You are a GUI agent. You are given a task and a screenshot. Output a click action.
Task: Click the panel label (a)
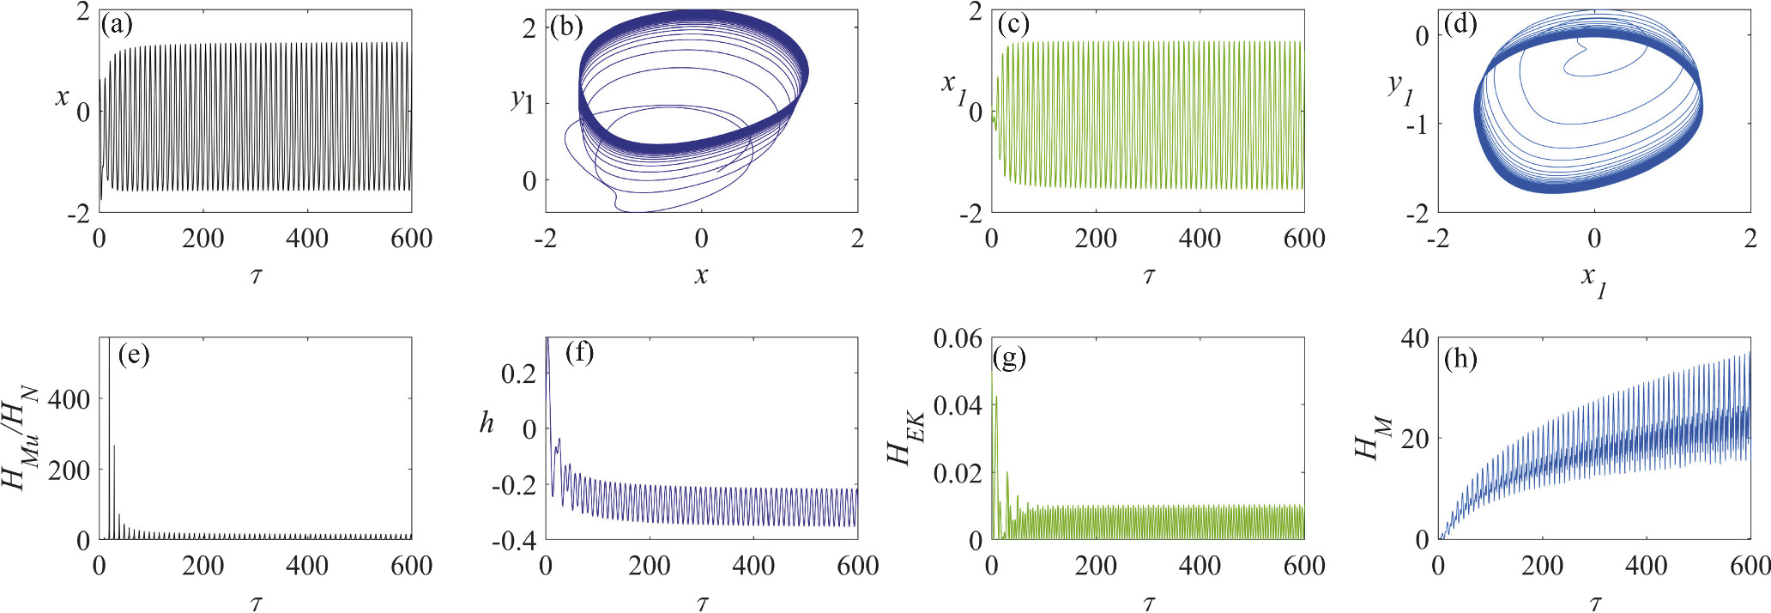(x=117, y=25)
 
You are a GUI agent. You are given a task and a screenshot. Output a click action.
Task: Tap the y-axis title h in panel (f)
(x=487, y=422)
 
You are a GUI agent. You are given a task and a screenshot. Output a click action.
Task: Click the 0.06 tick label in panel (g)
(x=957, y=338)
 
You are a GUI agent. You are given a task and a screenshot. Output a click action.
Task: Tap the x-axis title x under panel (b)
(x=702, y=275)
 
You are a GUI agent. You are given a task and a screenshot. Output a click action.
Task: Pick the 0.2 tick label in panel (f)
(x=518, y=373)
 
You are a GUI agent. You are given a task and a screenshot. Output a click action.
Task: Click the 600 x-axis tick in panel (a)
(x=411, y=239)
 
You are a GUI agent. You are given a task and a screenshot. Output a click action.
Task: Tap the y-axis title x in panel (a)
(x=62, y=97)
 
